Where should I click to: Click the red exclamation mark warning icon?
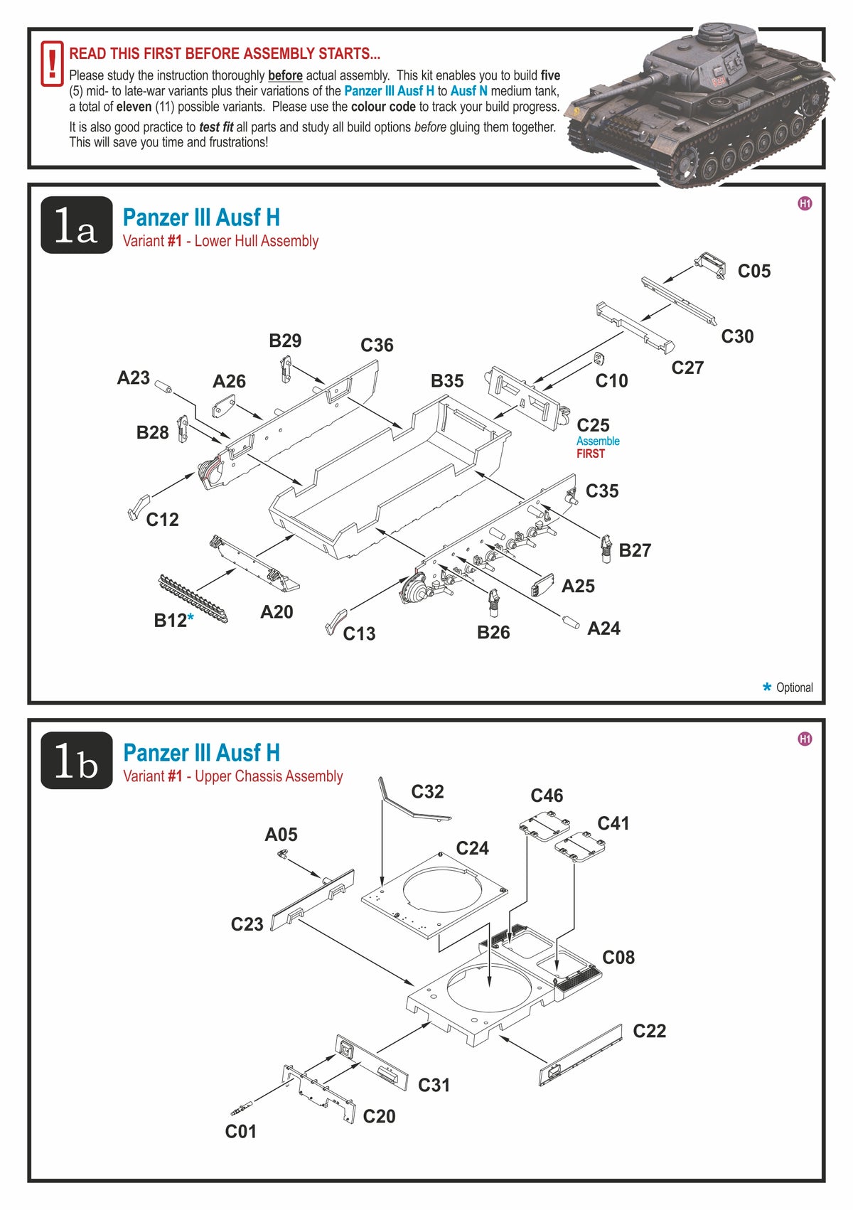52,64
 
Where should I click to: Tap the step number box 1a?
76,225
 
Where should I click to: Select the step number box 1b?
76,761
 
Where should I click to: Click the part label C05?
753,271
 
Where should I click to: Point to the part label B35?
447,381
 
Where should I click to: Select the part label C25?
593,425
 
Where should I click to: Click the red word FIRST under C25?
591,454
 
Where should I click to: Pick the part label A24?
603,628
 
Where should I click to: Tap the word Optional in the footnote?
794,687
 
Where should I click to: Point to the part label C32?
427,792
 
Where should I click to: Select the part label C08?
618,958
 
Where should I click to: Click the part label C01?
240,1132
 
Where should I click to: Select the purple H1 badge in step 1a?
805,203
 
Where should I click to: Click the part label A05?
281,835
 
